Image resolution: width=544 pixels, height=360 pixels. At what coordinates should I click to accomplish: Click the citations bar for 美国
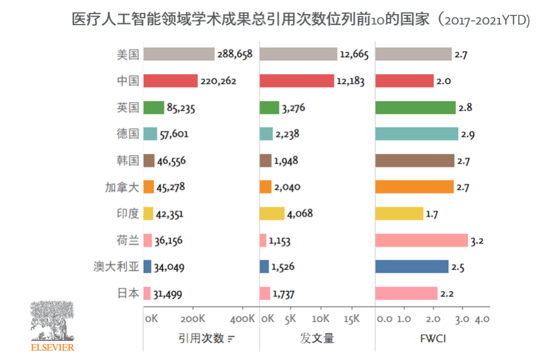(x=179, y=54)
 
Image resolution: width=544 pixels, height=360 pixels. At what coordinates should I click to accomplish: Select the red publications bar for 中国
(x=297, y=81)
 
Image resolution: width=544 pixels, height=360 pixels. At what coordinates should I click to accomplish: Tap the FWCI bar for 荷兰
(x=421, y=240)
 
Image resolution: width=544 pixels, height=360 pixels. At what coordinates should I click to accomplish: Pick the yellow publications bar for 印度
(x=272, y=214)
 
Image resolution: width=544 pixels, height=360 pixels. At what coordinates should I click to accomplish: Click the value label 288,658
(x=235, y=54)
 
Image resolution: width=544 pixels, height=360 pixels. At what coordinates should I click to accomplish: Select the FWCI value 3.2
(x=477, y=241)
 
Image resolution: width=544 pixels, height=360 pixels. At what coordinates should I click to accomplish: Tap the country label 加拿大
(x=121, y=187)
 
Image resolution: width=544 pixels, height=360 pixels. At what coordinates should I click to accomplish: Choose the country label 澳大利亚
(x=116, y=266)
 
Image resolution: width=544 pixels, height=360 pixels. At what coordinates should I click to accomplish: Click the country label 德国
(x=127, y=134)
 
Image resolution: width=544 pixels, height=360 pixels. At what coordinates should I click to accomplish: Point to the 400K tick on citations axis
(x=242, y=319)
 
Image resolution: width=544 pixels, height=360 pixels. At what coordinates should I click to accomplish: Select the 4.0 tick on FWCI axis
(x=482, y=319)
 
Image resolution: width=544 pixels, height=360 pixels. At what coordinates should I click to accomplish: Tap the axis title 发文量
(x=317, y=338)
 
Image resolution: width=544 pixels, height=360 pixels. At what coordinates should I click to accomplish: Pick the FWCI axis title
(x=433, y=338)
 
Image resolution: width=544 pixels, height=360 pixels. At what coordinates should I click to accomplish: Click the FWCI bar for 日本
(x=406, y=293)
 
